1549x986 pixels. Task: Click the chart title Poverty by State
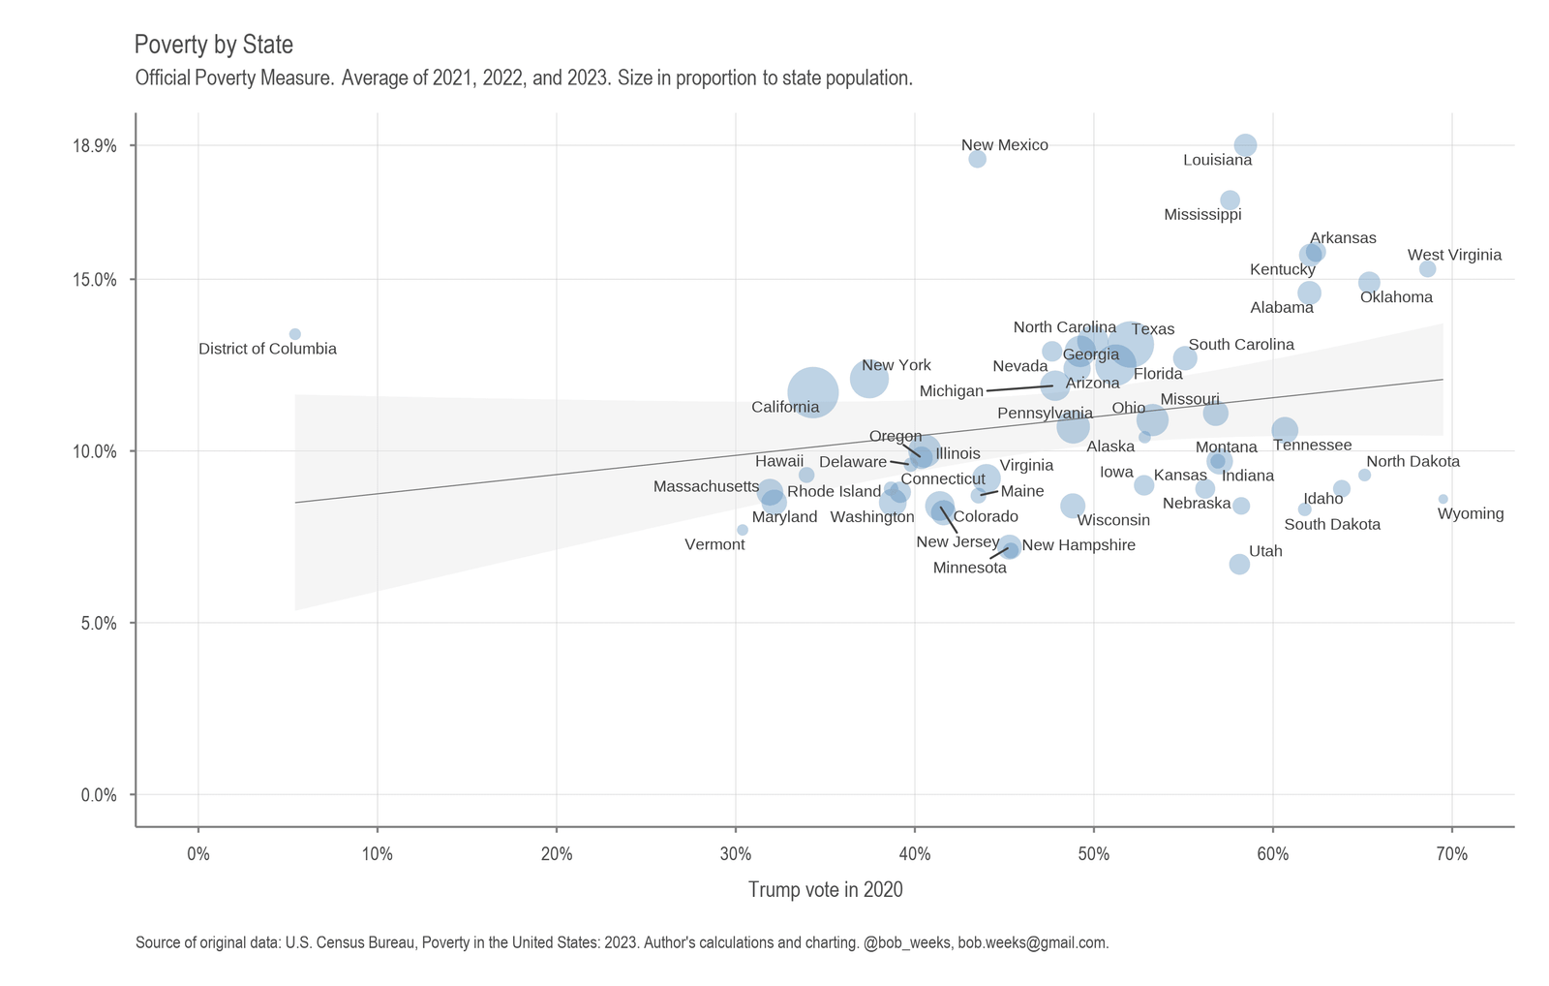(x=213, y=45)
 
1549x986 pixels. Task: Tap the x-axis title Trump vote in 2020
(x=825, y=889)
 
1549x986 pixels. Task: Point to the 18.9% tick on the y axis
(x=97, y=146)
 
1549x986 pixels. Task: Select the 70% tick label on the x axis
(x=1451, y=854)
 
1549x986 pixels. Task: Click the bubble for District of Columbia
(x=295, y=334)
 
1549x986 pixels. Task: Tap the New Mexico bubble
(x=977, y=159)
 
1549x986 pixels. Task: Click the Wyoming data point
(x=1443, y=499)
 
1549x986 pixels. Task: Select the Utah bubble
(x=1239, y=564)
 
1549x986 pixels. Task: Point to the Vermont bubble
(x=743, y=530)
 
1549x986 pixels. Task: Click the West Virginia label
(x=1454, y=256)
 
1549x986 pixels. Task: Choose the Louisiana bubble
(x=1246, y=145)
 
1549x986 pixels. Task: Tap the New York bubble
(x=869, y=378)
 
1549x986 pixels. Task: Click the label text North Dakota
(x=1412, y=462)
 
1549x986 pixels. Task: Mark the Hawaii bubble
(x=806, y=475)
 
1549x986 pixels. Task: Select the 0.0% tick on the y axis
(x=97, y=795)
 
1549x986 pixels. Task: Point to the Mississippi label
(x=1202, y=215)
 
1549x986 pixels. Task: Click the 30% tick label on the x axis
(x=736, y=854)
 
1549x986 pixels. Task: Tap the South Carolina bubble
(x=1185, y=358)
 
